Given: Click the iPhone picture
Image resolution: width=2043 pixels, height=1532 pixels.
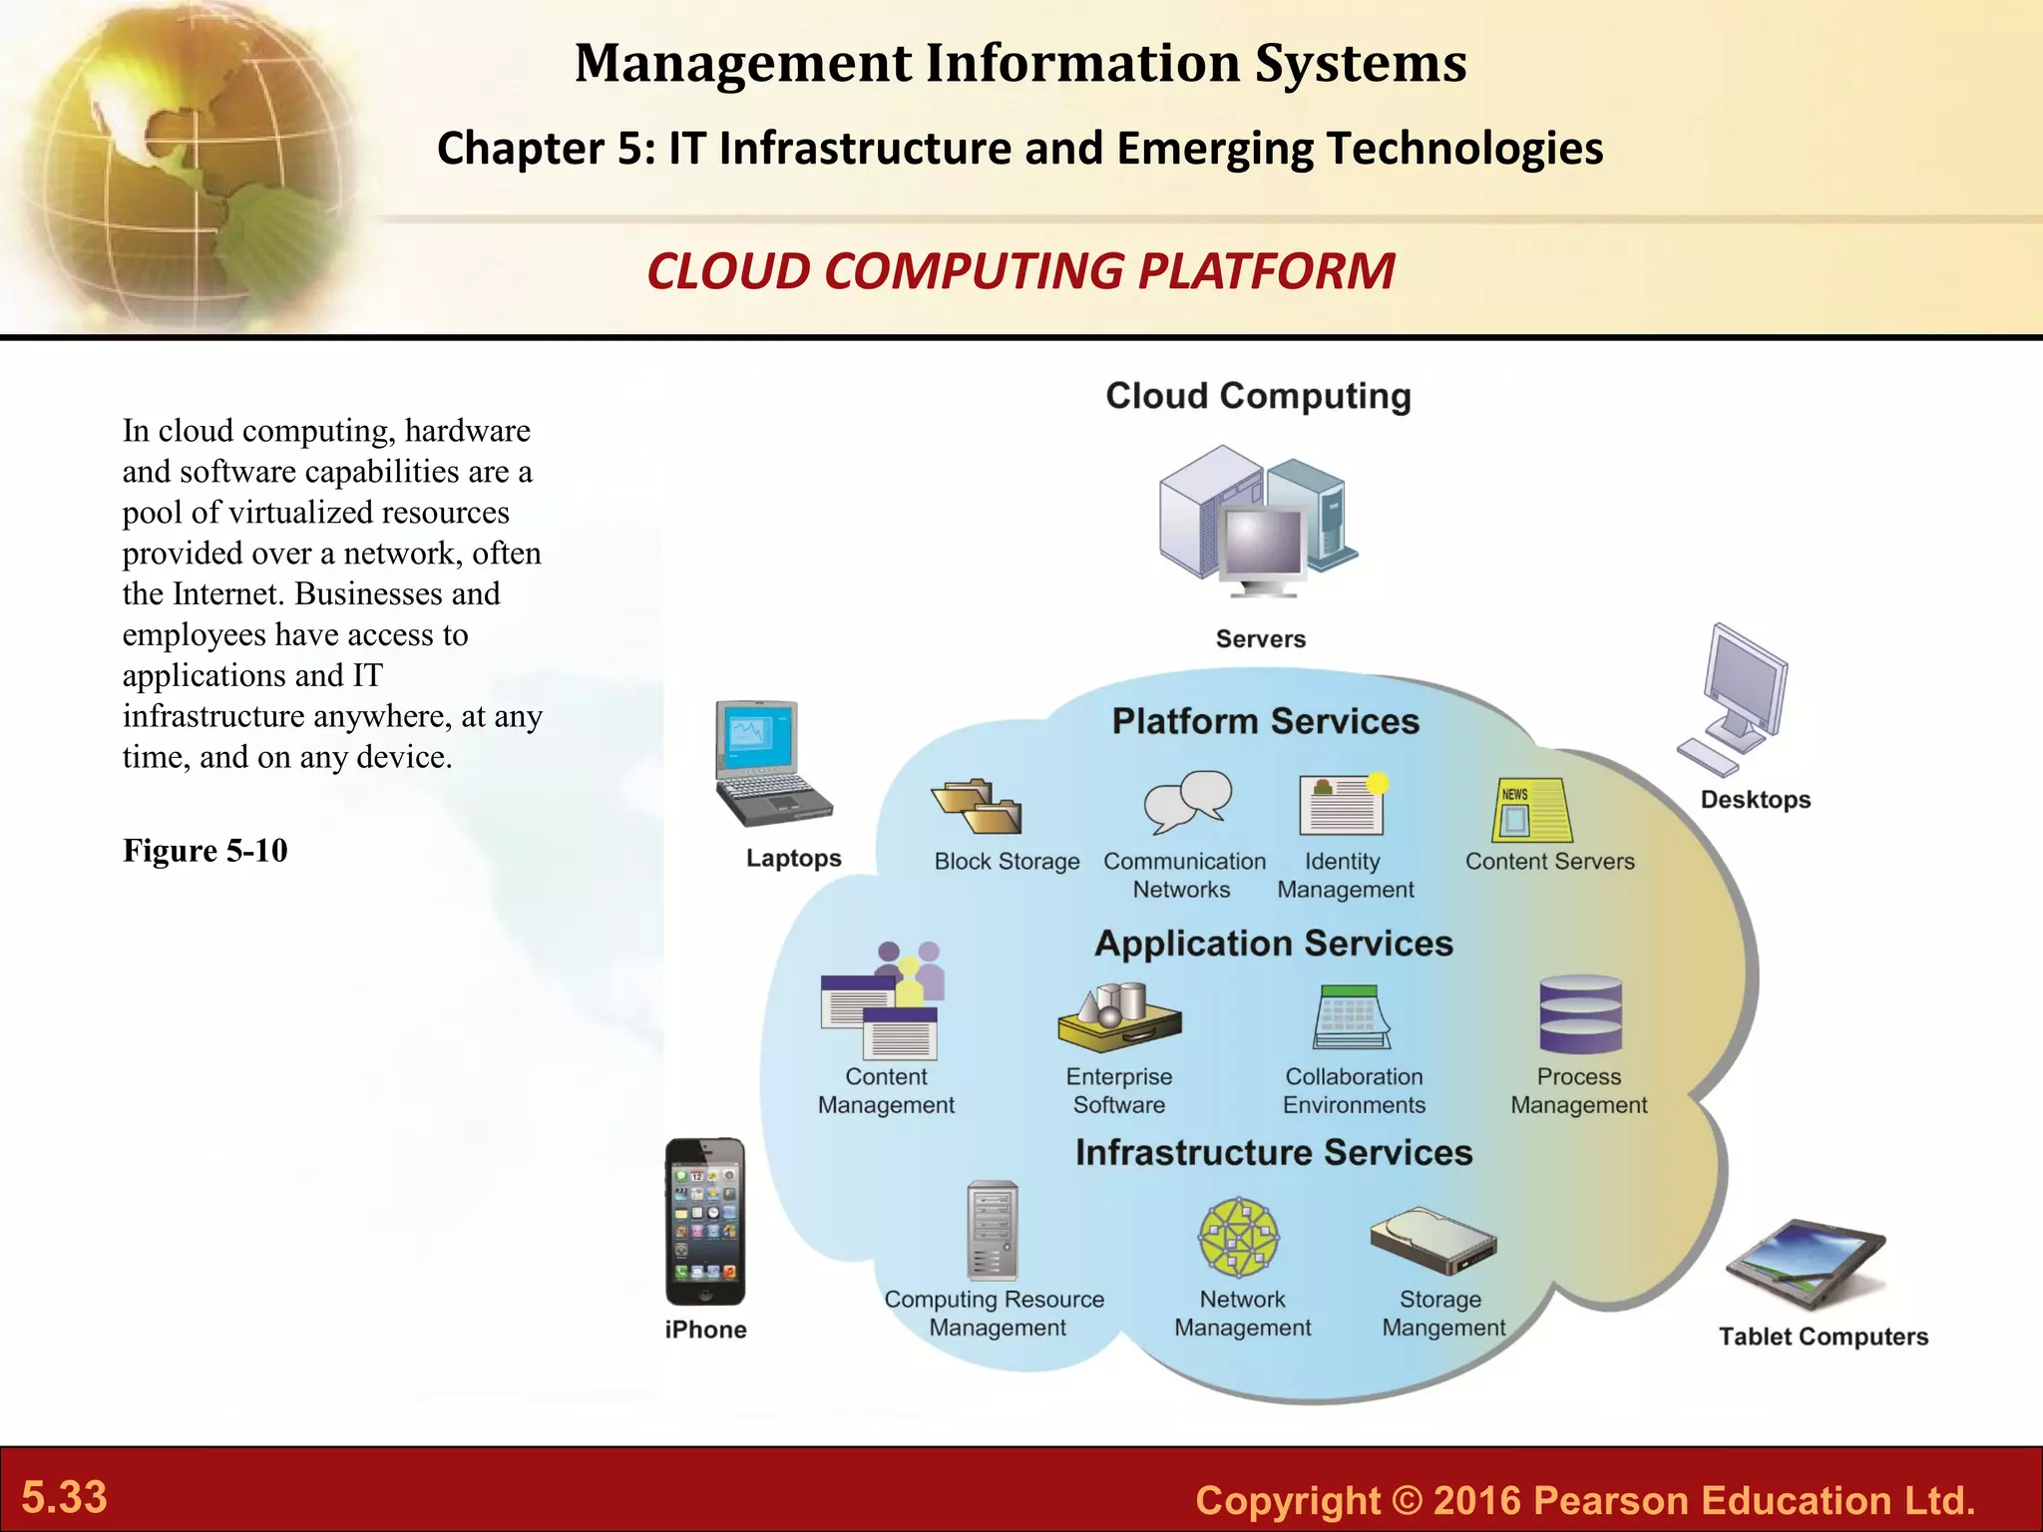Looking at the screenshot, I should coord(705,1221).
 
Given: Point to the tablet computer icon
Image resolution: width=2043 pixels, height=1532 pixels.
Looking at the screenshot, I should coord(1807,1263).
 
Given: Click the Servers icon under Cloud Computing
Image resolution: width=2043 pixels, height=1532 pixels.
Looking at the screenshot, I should coord(1258,523).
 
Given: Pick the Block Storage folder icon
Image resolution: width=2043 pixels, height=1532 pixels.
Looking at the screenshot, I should coord(977,806).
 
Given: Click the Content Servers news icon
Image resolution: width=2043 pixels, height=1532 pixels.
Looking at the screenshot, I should coord(1531,810).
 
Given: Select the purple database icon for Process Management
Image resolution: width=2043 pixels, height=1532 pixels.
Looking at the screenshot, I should coord(1580,1014).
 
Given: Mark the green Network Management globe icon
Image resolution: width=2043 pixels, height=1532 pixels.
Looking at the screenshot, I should coord(1239,1238).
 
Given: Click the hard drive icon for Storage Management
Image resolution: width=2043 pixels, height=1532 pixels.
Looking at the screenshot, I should coord(1433,1241).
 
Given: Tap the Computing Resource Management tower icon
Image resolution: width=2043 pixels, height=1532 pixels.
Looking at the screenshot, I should coord(993,1231).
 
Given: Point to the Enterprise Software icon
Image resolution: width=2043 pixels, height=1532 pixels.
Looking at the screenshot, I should coord(1119,1016).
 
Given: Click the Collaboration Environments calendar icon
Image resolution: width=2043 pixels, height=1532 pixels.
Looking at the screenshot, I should coord(1351,1017).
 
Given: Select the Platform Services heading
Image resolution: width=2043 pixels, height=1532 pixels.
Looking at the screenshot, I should coord(1265,721).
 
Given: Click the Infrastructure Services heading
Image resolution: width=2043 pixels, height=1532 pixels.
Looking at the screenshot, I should coord(1273,1152).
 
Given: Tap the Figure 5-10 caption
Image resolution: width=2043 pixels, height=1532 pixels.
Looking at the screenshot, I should coord(205,851).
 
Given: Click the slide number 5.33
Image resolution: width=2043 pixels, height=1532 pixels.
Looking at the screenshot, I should coord(65,1497).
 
